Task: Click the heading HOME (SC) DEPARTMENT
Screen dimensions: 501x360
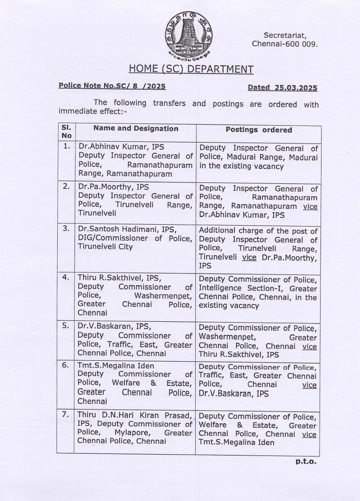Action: point(191,69)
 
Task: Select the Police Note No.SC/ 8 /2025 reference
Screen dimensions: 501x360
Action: point(112,86)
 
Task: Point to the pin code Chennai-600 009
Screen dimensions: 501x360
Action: point(285,44)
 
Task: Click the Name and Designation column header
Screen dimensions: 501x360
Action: point(136,129)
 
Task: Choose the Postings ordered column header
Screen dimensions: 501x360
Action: point(259,130)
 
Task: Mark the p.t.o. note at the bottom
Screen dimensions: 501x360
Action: point(306,462)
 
